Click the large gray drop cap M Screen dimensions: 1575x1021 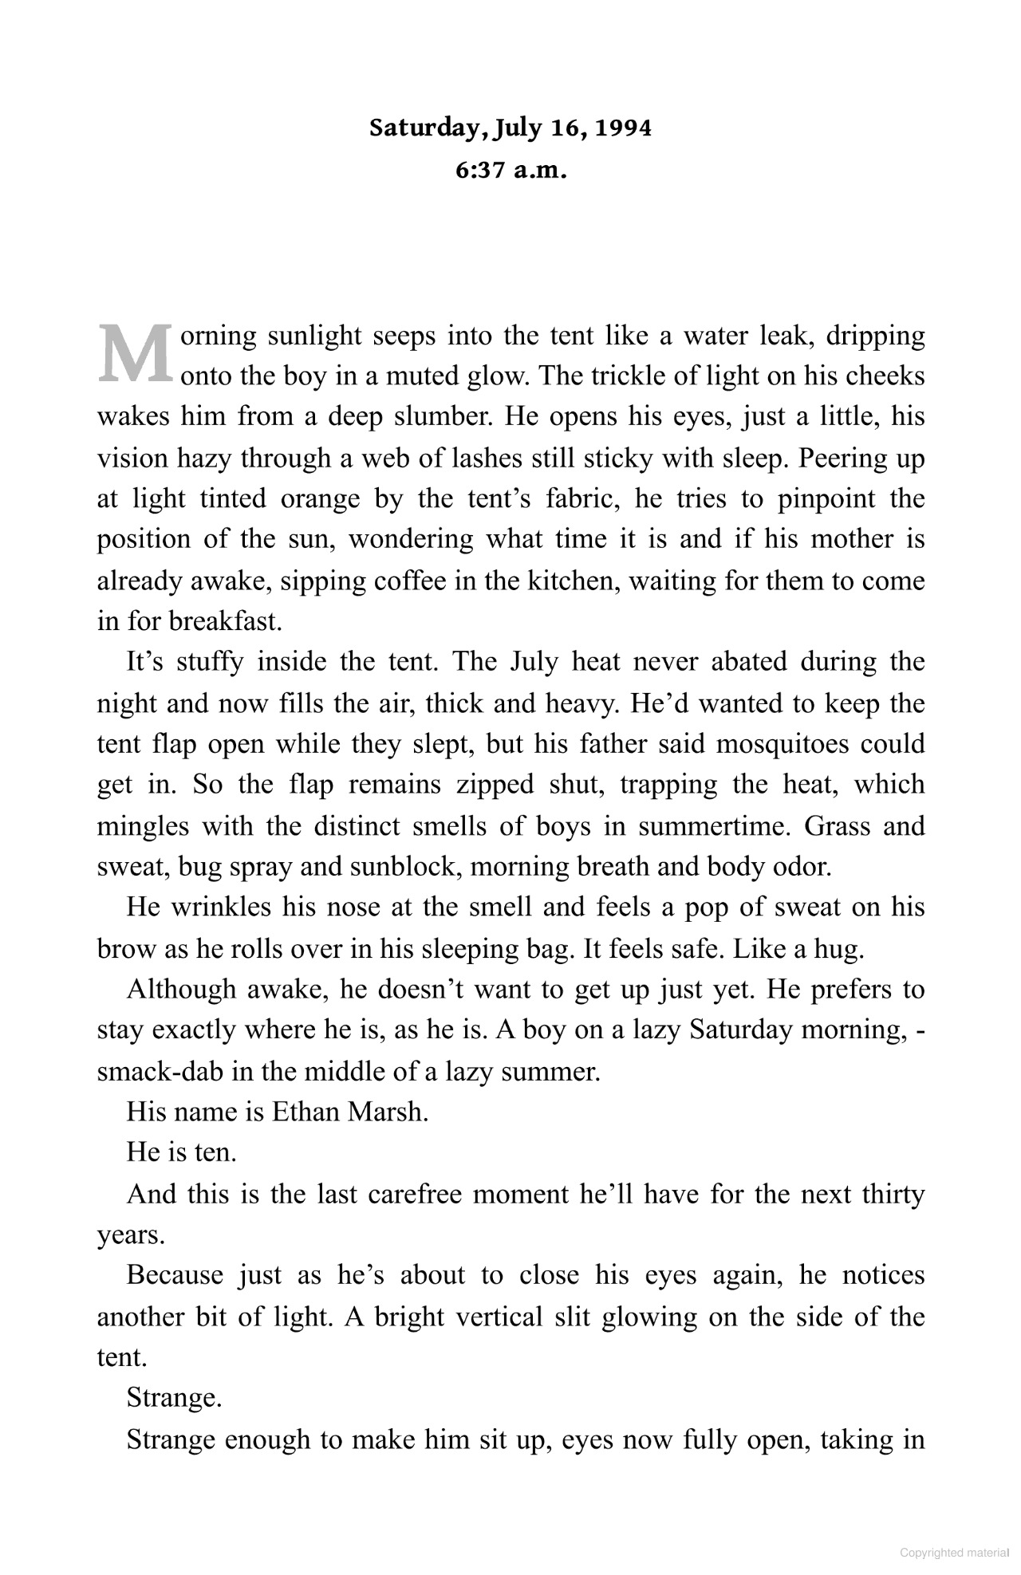coord(135,353)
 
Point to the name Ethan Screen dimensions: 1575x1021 coord(306,1112)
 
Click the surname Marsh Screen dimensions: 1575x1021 coord(388,1112)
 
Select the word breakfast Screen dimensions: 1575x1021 coord(226,621)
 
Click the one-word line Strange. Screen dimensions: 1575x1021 coord(174,1398)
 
